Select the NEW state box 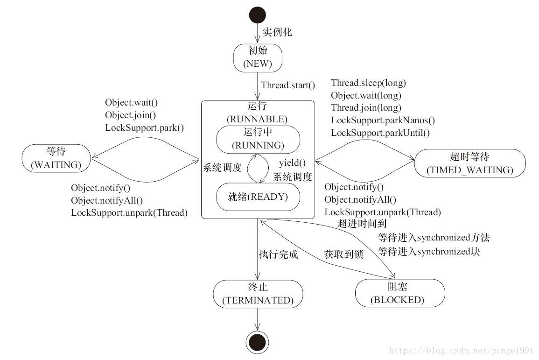(x=258, y=58)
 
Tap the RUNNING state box (x=258, y=139)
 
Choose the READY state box (x=258, y=197)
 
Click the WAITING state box (x=56, y=158)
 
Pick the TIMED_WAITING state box (x=469, y=163)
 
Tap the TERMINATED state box (x=258, y=294)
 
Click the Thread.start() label (x=288, y=85)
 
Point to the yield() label (x=292, y=163)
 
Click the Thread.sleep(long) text (x=368, y=83)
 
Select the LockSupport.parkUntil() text (x=380, y=133)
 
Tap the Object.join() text (x=130, y=115)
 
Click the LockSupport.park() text (x=144, y=127)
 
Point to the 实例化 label (x=277, y=32)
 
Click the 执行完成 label (x=278, y=254)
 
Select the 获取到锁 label (x=343, y=254)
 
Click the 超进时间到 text (x=362, y=224)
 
